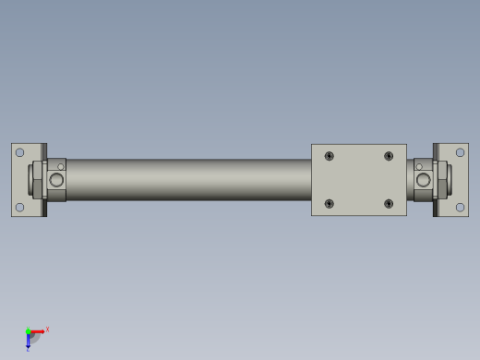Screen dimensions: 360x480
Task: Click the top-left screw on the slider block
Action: pyautogui.click(x=330, y=156)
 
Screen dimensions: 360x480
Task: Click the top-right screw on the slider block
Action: pyautogui.click(x=389, y=156)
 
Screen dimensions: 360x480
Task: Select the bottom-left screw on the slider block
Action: pyautogui.click(x=330, y=203)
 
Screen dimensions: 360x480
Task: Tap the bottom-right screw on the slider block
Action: pyautogui.click(x=389, y=203)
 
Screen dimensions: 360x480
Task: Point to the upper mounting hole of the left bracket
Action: pyautogui.click(x=19, y=152)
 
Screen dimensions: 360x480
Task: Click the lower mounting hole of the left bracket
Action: pyautogui.click(x=19, y=207)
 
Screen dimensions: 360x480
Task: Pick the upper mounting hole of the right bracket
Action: pyautogui.click(x=460, y=152)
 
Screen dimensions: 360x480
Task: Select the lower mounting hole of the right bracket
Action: pyautogui.click(x=460, y=207)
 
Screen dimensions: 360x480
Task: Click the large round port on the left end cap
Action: pyautogui.click(x=56, y=180)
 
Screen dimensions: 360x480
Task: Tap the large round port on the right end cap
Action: pyautogui.click(x=424, y=180)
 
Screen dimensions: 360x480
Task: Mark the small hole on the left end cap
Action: pyautogui.click(x=61, y=167)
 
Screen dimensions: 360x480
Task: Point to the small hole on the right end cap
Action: pyautogui.click(x=419, y=167)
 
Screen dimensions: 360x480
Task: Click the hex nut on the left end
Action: pyautogui.click(x=38, y=180)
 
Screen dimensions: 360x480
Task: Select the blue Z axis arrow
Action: pyautogui.click(x=28, y=342)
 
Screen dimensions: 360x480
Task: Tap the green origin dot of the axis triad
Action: pyautogui.click(x=28, y=331)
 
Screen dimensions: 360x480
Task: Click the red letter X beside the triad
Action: pyautogui.click(x=47, y=329)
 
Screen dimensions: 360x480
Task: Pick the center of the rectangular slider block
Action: pyautogui.click(x=359, y=180)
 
